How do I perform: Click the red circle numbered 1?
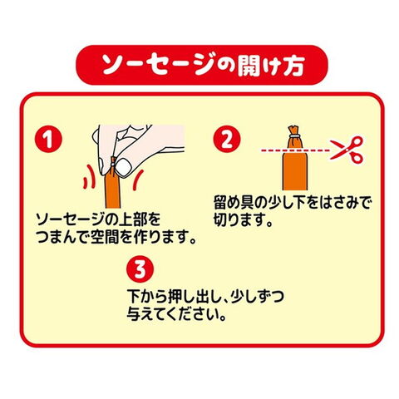click(48, 139)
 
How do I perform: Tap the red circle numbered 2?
click(227, 139)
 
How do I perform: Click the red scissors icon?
click(347, 150)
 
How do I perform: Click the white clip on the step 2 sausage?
click(294, 135)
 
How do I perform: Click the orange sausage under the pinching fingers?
click(113, 191)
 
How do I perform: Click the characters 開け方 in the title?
click(271, 66)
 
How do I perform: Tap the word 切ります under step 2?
click(239, 220)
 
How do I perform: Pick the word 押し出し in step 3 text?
click(195, 297)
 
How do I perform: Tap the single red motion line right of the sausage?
click(137, 180)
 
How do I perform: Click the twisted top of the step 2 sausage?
click(294, 130)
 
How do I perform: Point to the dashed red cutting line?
click(295, 150)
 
